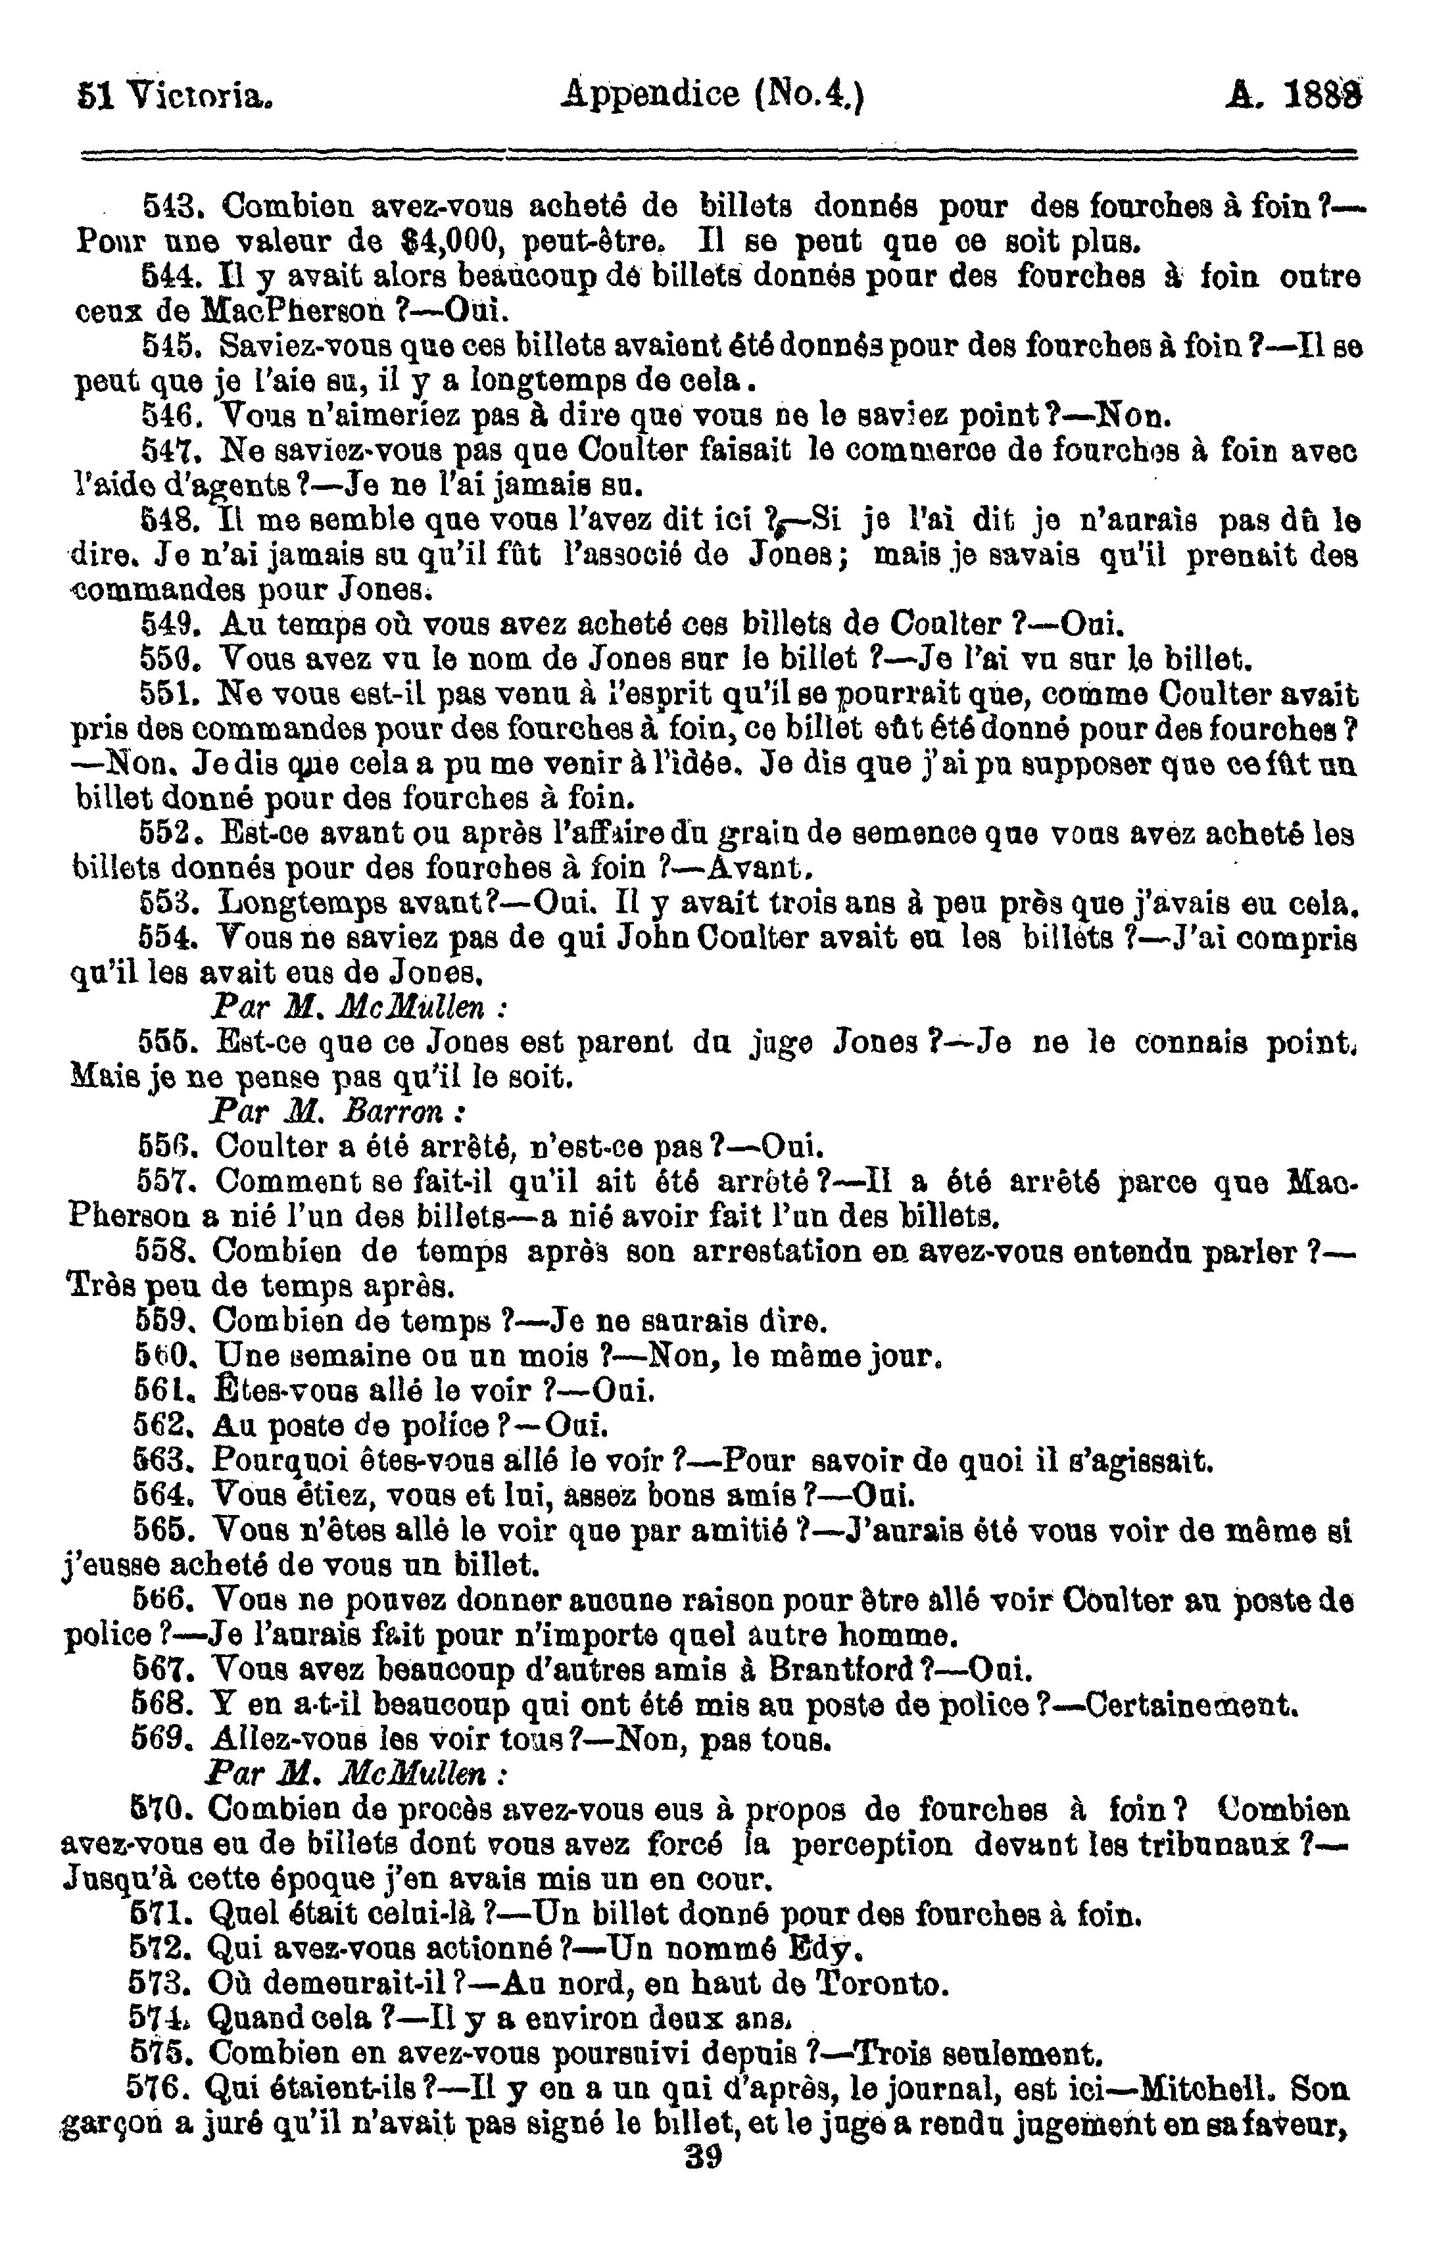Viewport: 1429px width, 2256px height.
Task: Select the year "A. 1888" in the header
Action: (x=1293, y=95)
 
